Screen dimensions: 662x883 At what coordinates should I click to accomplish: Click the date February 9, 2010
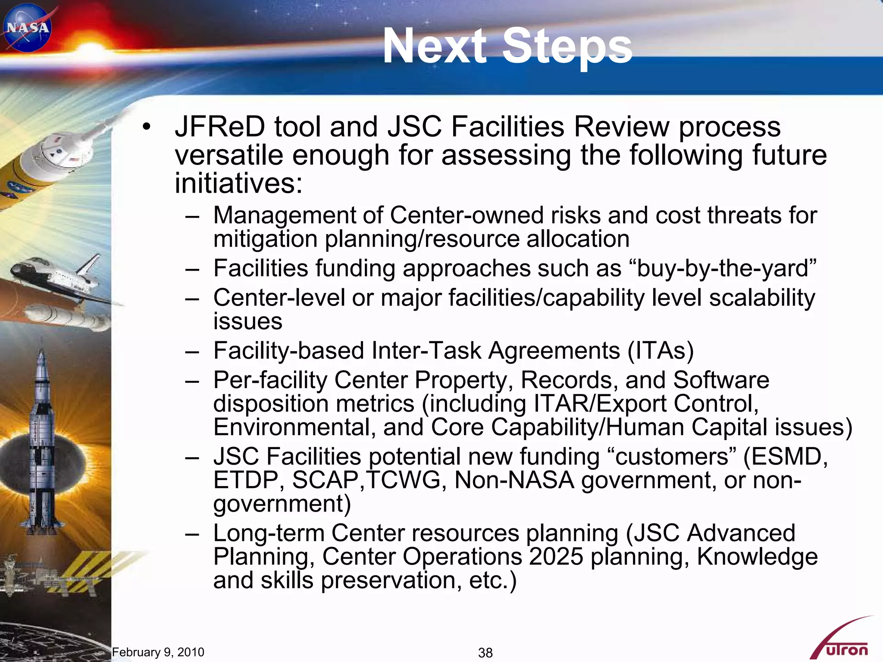pyautogui.click(x=158, y=652)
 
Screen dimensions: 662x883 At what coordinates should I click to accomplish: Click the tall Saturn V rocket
pyautogui.click(x=41, y=440)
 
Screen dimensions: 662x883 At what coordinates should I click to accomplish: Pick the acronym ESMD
pyautogui.click(x=785, y=456)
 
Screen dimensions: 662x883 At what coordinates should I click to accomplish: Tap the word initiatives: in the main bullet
pyautogui.click(x=238, y=183)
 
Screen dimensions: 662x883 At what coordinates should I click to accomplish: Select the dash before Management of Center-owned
pyautogui.click(x=192, y=216)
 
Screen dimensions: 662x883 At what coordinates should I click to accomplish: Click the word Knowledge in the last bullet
pyautogui.click(x=757, y=556)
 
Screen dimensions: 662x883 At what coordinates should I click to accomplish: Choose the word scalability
pyautogui.click(x=762, y=298)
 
